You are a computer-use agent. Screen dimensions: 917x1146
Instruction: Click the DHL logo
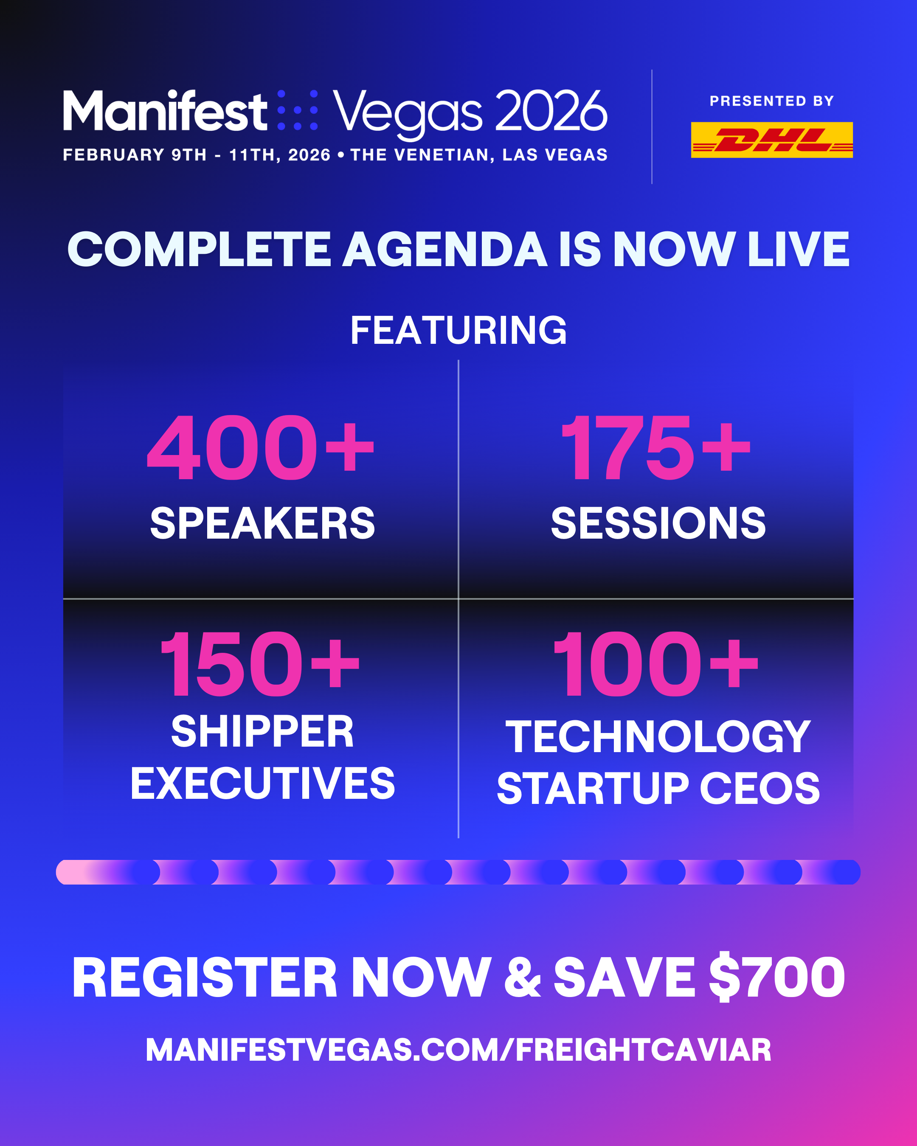771,140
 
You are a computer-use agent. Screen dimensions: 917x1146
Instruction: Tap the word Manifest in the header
165,110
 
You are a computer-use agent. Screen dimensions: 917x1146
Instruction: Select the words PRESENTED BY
771,101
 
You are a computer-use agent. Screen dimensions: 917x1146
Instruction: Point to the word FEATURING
458,330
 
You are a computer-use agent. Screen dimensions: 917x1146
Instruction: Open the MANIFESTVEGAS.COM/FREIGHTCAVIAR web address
458,1049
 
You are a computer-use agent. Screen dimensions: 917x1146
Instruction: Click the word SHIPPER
263,731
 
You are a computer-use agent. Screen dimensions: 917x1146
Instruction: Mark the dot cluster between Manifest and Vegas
298,110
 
